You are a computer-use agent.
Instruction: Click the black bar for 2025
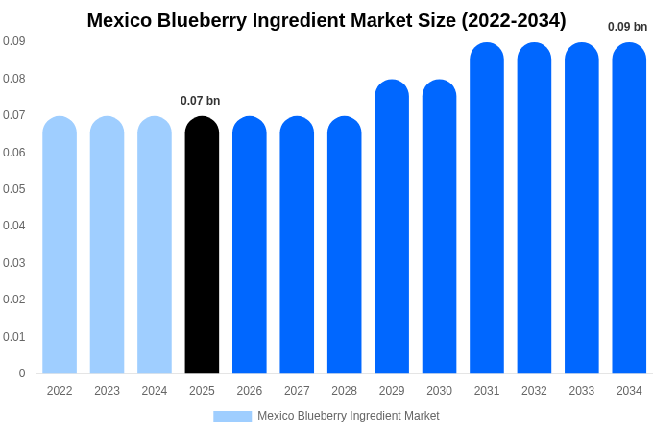pyautogui.click(x=202, y=245)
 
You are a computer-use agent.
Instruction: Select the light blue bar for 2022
pyautogui.click(x=60, y=245)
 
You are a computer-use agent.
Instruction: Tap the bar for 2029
pyautogui.click(x=392, y=227)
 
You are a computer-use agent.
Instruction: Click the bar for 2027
pyautogui.click(x=297, y=245)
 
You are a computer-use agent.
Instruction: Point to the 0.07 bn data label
pyautogui.click(x=201, y=101)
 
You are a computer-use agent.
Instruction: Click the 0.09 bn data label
pyautogui.click(x=627, y=27)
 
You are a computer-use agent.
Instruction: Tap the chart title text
pyautogui.click(x=326, y=20)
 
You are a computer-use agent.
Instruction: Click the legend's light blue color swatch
pyautogui.click(x=232, y=417)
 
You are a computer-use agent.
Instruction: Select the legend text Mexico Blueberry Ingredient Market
pyautogui.click(x=348, y=416)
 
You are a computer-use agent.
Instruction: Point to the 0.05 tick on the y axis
pyautogui.click(x=13, y=189)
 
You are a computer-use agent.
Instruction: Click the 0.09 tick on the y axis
pyautogui.click(x=13, y=41)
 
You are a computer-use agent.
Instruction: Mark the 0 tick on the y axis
pyautogui.click(x=22, y=373)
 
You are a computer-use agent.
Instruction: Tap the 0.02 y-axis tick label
pyautogui.click(x=13, y=300)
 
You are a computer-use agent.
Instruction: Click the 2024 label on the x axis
pyautogui.click(x=155, y=391)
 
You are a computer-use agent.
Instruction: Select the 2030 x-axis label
pyautogui.click(x=439, y=391)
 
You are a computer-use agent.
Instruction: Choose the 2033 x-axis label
pyautogui.click(x=581, y=391)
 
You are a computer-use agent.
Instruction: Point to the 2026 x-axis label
pyautogui.click(x=250, y=391)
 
